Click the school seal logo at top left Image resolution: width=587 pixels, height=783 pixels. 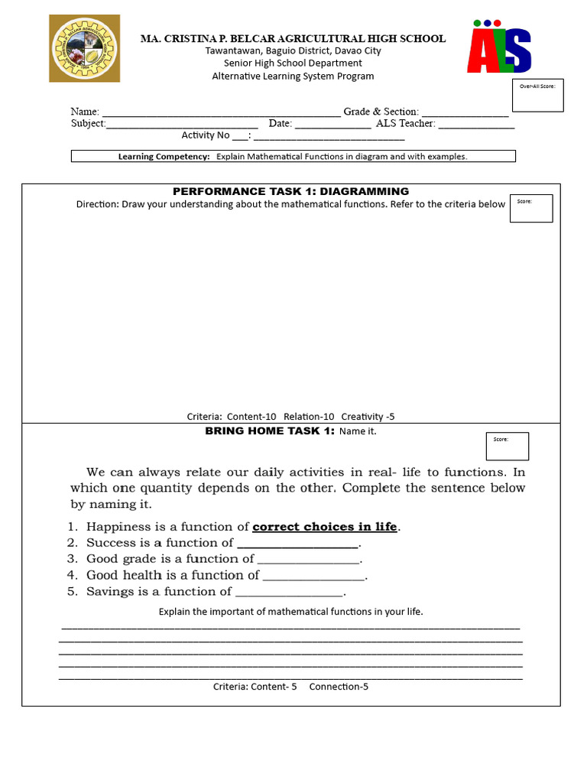(x=85, y=48)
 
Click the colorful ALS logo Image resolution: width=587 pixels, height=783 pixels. (x=500, y=47)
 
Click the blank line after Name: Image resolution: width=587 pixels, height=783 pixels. (x=221, y=113)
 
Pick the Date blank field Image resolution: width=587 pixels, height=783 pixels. (x=333, y=125)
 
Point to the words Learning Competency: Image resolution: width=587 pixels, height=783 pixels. (x=164, y=157)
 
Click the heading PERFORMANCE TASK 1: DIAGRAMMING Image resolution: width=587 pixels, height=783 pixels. (x=290, y=191)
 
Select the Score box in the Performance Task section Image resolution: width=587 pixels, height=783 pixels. (x=530, y=208)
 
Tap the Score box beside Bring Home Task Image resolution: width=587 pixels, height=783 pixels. (x=507, y=447)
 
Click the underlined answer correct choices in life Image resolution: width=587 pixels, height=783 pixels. (x=325, y=527)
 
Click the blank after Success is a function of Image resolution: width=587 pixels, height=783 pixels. (x=297, y=544)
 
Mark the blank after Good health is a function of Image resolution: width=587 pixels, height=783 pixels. (x=313, y=577)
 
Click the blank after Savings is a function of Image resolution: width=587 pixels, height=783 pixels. (x=290, y=593)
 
